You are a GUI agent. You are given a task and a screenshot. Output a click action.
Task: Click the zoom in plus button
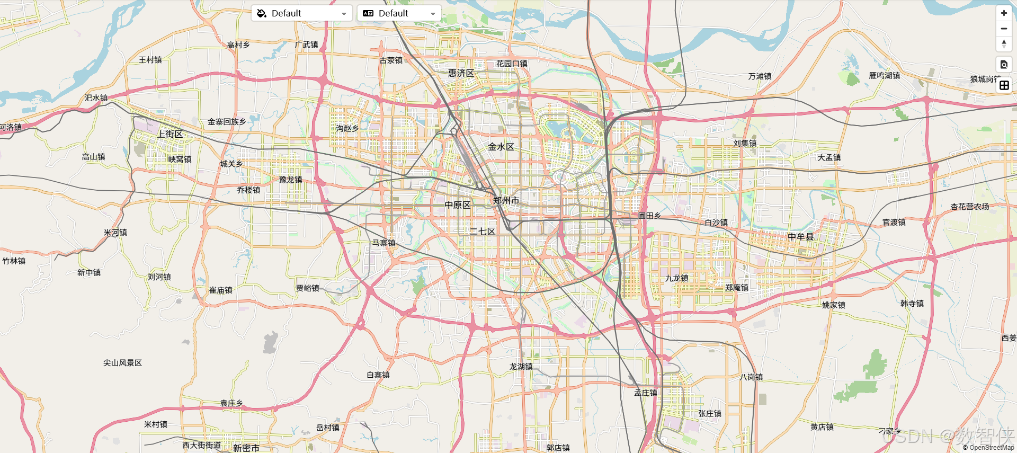[x=1004, y=13]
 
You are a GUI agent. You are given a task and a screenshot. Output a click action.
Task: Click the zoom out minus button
[x=1004, y=29]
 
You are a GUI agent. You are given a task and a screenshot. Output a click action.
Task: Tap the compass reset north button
[x=1004, y=44]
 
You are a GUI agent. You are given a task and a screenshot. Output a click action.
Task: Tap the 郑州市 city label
[x=506, y=200]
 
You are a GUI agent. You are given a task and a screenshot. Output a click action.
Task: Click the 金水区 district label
[x=501, y=147]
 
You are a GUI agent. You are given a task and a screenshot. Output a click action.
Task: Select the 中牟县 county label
[x=800, y=237]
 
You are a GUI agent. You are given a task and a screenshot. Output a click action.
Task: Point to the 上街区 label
[x=169, y=134]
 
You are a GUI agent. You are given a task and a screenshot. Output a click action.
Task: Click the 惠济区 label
[x=461, y=73]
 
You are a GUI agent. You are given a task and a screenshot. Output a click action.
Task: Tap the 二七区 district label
[x=482, y=232]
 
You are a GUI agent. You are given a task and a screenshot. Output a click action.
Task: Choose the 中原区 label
[x=457, y=205]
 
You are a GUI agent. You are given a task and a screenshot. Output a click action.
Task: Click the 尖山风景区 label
[x=122, y=363]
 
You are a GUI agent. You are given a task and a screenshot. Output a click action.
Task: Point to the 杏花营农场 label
[x=969, y=207]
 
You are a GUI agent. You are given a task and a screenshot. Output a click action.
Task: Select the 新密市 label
[x=246, y=448]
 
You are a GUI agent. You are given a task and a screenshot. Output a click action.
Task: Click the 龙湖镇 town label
[x=521, y=367]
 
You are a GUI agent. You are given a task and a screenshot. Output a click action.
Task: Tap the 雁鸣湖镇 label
[x=884, y=76]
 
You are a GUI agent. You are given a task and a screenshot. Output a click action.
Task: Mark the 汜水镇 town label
[x=96, y=98]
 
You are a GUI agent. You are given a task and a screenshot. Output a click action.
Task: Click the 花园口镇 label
[x=511, y=64]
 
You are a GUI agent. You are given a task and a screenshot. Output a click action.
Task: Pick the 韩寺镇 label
[x=912, y=304]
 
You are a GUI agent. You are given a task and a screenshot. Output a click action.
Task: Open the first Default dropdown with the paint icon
[x=302, y=13]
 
